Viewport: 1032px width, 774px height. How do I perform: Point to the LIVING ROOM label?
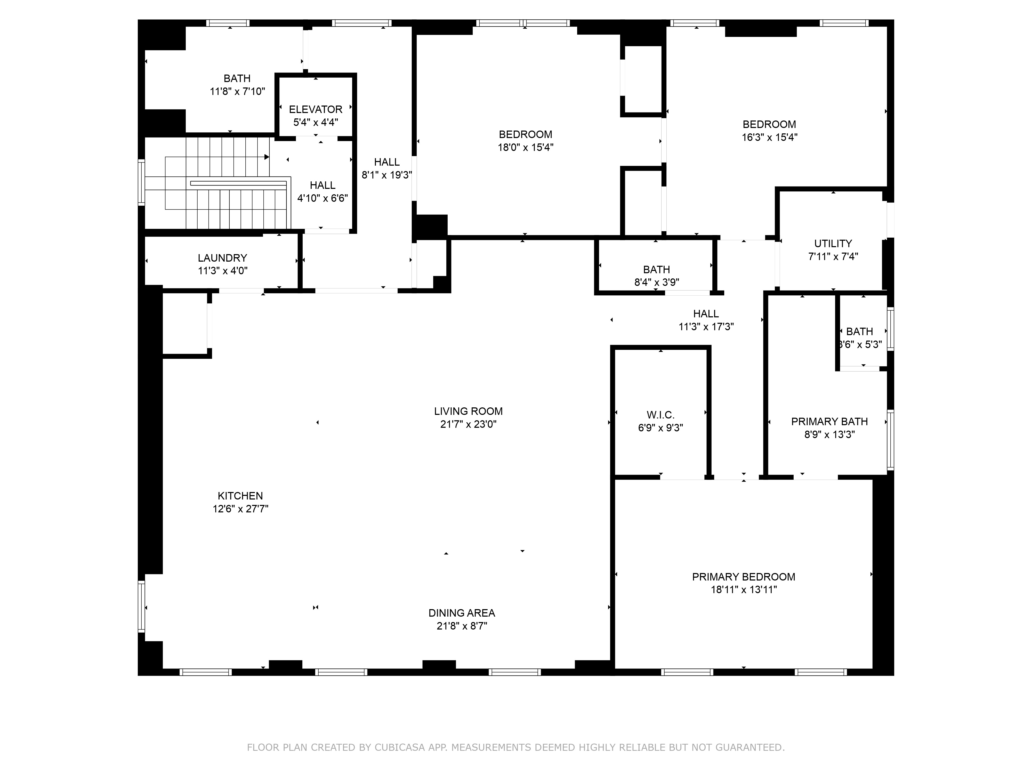[469, 411]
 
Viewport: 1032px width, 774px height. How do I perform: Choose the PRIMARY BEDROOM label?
[744, 577]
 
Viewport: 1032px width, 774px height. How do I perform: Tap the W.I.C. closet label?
[661, 415]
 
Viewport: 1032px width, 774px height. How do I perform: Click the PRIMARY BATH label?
[829, 421]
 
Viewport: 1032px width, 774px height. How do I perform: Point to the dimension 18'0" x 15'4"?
[526, 147]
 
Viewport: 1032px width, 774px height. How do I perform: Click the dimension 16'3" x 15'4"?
[770, 137]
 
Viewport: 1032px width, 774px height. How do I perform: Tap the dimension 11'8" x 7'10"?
[237, 91]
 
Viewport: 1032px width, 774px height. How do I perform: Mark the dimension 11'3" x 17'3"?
[706, 327]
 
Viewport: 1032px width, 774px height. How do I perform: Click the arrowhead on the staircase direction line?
[267, 157]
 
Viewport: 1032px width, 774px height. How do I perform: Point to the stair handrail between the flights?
[238, 183]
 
